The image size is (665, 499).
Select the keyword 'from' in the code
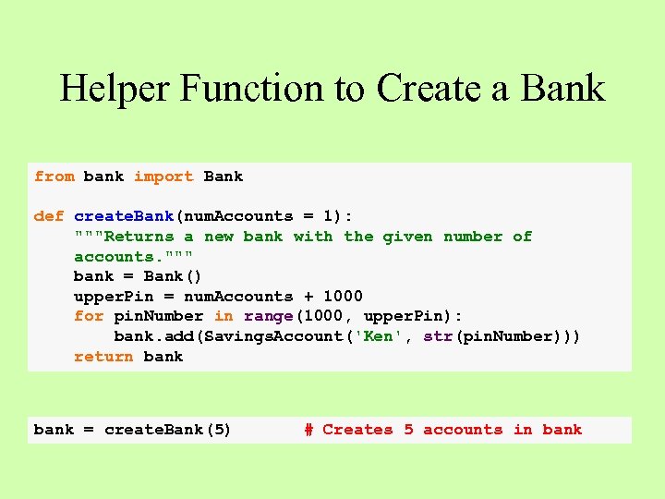pyautogui.click(x=54, y=176)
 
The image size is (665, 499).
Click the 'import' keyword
pyautogui.click(x=163, y=176)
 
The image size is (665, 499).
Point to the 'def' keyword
pyautogui.click(x=48, y=216)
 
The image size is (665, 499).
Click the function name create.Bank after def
pyautogui.click(x=124, y=216)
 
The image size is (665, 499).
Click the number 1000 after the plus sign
pyautogui.click(x=343, y=297)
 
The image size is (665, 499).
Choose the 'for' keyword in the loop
pyautogui.click(x=89, y=316)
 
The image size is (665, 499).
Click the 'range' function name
pyautogui.click(x=268, y=316)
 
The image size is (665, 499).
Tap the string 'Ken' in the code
pyautogui.click(x=378, y=336)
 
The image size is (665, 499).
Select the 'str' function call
pyautogui.click(x=438, y=336)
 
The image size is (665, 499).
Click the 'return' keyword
pyautogui.click(x=103, y=357)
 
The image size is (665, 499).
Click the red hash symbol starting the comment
pyautogui.click(x=308, y=430)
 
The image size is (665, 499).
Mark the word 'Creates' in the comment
pyautogui.click(x=357, y=430)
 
